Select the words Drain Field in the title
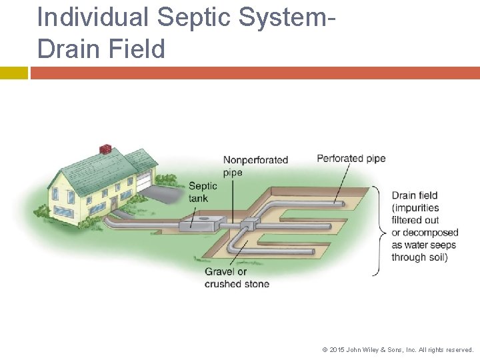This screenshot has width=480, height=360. coord(101,49)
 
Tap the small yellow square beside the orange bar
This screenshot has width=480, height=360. coord(13,73)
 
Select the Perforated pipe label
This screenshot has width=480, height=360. coord(351,159)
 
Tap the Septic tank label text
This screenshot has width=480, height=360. coord(203,192)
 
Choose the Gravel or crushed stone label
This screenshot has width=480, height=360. coord(237,277)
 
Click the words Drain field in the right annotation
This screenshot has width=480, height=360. coord(414,195)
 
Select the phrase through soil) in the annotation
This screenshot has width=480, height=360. coord(419,257)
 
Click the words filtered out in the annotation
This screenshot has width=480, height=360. coord(415,219)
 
